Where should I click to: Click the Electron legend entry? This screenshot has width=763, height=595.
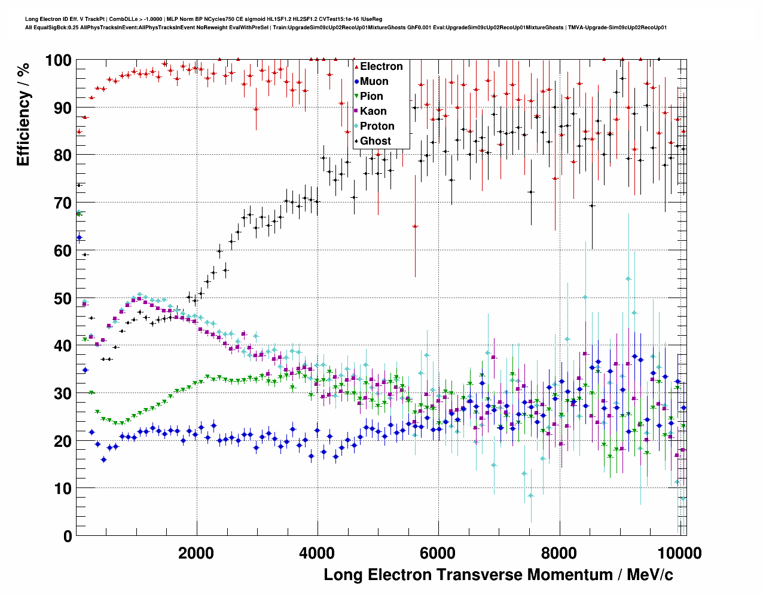(381, 66)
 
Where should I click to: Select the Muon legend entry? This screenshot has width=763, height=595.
(374, 81)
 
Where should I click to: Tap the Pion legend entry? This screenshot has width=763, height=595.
(371, 96)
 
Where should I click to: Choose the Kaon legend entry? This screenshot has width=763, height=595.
(373, 111)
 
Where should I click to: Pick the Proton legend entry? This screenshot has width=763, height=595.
(377, 126)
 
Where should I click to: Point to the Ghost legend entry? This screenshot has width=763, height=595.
(375, 141)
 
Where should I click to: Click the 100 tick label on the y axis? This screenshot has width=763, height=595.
(58, 60)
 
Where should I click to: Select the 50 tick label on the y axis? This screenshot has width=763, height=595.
(62, 298)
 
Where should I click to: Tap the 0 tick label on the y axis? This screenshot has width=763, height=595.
(68, 536)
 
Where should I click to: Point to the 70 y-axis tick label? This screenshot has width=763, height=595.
(62, 203)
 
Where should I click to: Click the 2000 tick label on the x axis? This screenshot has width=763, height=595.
(196, 553)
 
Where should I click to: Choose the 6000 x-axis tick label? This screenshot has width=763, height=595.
(438, 553)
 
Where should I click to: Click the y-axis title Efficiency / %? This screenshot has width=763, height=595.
(23, 114)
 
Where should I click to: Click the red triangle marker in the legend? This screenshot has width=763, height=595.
(356, 66)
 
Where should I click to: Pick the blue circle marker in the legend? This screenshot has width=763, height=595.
(356, 81)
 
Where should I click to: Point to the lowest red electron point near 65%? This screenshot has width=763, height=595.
(415, 226)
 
